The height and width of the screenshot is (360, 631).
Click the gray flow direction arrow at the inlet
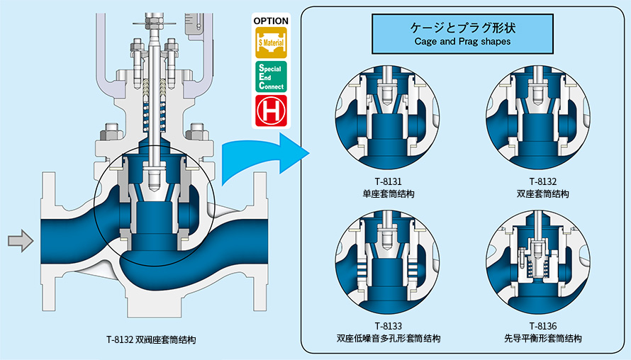coord(21,241)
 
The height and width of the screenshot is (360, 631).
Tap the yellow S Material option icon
coord(272,43)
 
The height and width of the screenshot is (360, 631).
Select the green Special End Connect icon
coord(272,77)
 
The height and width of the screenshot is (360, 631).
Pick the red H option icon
coord(272,111)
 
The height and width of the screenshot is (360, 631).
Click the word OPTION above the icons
coord(271,21)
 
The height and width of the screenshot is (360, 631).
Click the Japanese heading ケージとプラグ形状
coord(463,28)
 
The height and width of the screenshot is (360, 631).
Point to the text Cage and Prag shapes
coord(462,41)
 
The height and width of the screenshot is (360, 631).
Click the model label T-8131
coord(388,181)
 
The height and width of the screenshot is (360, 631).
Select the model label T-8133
coord(388,325)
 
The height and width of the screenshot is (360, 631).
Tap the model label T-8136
coord(543,325)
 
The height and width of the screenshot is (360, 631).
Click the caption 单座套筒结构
coord(388,194)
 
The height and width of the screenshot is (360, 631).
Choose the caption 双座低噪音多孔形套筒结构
coord(388,338)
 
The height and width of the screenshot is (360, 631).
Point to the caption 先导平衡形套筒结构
coord(543,338)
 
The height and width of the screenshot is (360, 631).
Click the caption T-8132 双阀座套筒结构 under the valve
coord(151,339)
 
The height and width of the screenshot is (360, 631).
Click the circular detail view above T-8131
coord(387,118)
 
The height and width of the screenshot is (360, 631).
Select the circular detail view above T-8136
coord(538,262)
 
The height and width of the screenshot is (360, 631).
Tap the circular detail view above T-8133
coord(387,262)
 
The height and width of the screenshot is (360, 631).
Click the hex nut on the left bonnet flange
coord(111,132)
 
